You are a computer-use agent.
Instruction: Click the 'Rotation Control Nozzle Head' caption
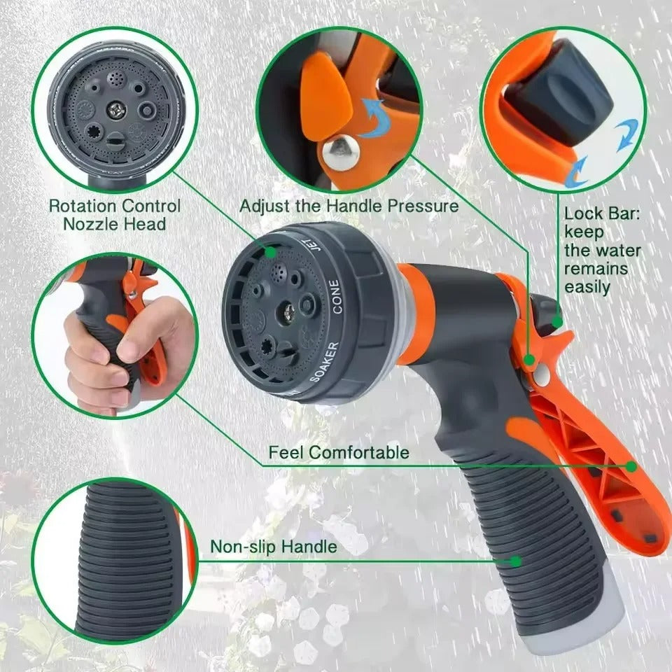pyautogui.click(x=114, y=215)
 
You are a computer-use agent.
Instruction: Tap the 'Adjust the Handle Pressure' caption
pyautogui.click(x=349, y=206)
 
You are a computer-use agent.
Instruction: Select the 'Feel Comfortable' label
pyautogui.click(x=339, y=452)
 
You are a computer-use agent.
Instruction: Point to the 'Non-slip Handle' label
pyautogui.click(x=274, y=546)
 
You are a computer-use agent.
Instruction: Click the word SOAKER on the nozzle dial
pyautogui.click(x=325, y=361)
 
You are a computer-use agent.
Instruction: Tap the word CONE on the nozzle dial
pyautogui.click(x=335, y=295)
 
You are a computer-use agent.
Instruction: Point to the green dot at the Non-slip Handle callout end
pyautogui.click(x=516, y=561)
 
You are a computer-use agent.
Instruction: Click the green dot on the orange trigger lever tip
pyautogui.click(x=631, y=465)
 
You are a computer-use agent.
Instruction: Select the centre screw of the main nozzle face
pyautogui.click(x=287, y=307)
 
